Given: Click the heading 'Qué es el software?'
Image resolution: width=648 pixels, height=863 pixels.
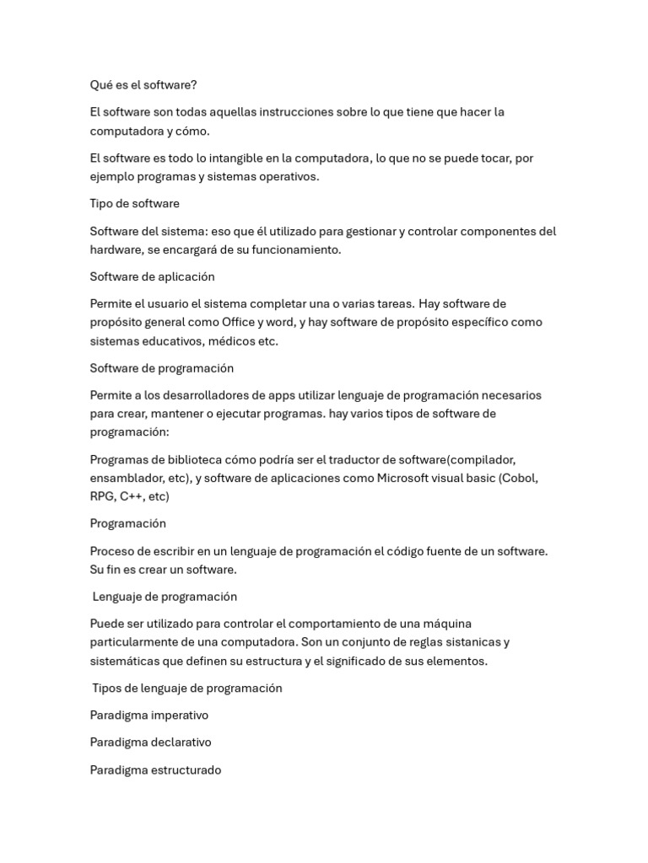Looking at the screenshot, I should [x=143, y=85].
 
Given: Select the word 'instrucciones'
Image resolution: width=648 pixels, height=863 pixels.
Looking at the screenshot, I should [x=300, y=112].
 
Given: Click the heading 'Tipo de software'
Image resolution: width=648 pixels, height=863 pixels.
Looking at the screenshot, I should [x=134, y=204].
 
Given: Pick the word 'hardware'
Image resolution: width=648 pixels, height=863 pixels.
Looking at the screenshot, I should [x=116, y=249].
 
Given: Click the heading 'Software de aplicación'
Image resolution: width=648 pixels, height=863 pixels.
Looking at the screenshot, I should [x=152, y=277].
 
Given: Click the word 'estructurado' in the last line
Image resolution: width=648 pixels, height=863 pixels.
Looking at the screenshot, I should [x=186, y=770].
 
